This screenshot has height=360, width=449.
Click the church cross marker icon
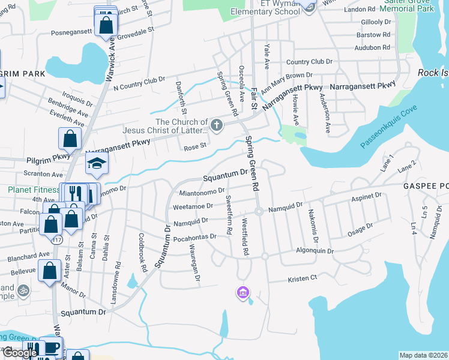click(217, 125)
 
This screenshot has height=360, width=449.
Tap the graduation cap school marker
click(96, 163)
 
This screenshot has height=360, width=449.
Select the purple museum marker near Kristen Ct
click(243, 293)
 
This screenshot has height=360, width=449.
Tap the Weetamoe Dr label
click(193, 206)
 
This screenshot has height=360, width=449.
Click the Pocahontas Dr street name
click(193, 236)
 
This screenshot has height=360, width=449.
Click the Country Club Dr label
click(309, 62)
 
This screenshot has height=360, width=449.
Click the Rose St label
click(195, 146)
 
